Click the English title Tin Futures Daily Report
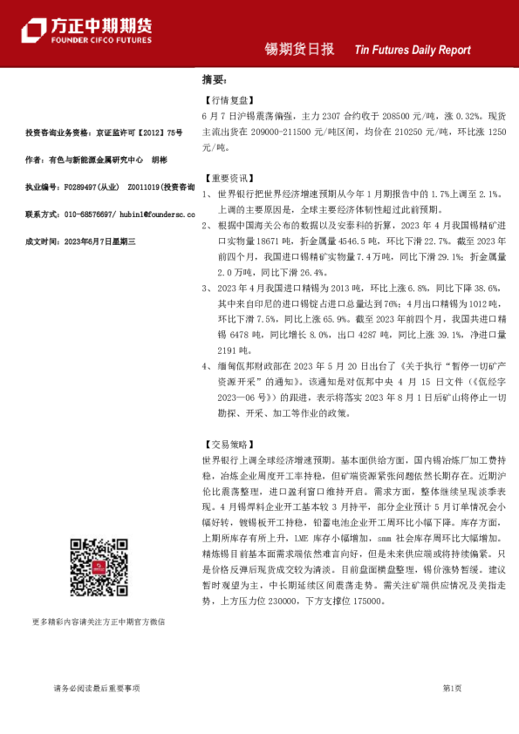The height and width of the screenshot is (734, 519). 412,51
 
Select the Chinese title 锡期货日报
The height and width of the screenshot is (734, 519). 299,50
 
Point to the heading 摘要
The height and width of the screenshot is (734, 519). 214,81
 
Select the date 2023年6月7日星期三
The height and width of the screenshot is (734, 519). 100,241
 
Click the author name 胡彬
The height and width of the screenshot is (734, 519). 160,160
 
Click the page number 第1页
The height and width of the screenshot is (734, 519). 452,689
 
